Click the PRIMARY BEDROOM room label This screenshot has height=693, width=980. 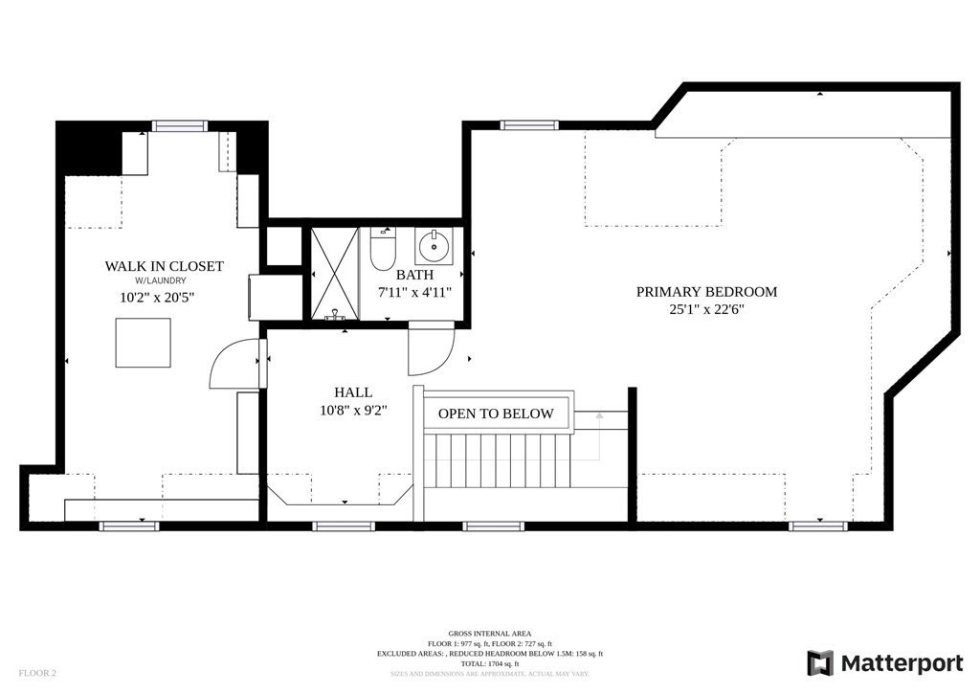click(706, 292)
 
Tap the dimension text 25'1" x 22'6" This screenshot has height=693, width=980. click(706, 309)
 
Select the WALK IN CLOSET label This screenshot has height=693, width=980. click(165, 266)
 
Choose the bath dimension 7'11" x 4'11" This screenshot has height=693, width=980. click(414, 292)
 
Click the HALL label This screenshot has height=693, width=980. click(353, 392)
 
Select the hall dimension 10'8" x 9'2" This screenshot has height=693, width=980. click(353, 411)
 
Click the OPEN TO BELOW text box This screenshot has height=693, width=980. click(496, 414)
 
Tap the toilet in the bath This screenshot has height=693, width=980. click(383, 251)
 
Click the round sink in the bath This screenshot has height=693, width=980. click(434, 247)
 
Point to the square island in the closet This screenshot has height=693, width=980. click(144, 343)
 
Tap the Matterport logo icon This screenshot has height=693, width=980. click(820, 663)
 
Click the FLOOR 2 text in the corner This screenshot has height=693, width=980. click(37, 673)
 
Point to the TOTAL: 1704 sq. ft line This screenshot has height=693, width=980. click(490, 663)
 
